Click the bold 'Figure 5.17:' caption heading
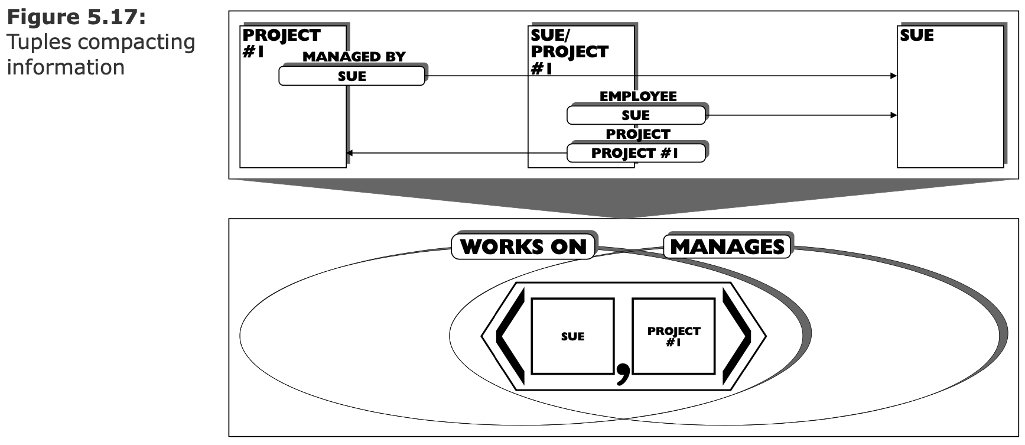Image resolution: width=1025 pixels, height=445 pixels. click(x=76, y=17)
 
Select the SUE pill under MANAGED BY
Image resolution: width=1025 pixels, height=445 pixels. click(x=352, y=76)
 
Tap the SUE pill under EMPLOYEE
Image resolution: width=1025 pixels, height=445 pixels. click(x=636, y=115)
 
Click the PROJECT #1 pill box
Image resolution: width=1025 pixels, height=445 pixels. click(x=636, y=153)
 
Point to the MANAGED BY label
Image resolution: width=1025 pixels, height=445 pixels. click(x=354, y=57)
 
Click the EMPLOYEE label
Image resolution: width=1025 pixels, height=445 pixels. click(x=638, y=96)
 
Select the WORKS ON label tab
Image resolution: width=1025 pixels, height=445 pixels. click(x=524, y=246)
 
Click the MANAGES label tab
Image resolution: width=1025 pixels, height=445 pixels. click(x=727, y=246)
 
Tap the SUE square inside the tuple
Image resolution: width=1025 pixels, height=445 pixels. click(x=572, y=336)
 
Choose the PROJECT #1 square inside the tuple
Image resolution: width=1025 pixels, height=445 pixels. click(x=673, y=336)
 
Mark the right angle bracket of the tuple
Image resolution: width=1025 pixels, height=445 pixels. click(x=737, y=336)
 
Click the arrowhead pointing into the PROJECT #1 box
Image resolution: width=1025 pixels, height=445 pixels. click(x=350, y=153)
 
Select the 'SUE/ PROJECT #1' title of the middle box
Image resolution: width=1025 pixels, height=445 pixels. click(x=570, y=52)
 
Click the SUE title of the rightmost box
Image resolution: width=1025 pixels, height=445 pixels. click(x=917, y=35)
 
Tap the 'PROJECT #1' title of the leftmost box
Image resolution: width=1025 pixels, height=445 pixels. click(x=281, y=43)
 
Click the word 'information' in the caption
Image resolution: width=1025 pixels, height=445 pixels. click(x=66, y=67)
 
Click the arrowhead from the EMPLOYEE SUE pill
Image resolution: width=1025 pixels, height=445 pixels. click(x=893, y=115)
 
